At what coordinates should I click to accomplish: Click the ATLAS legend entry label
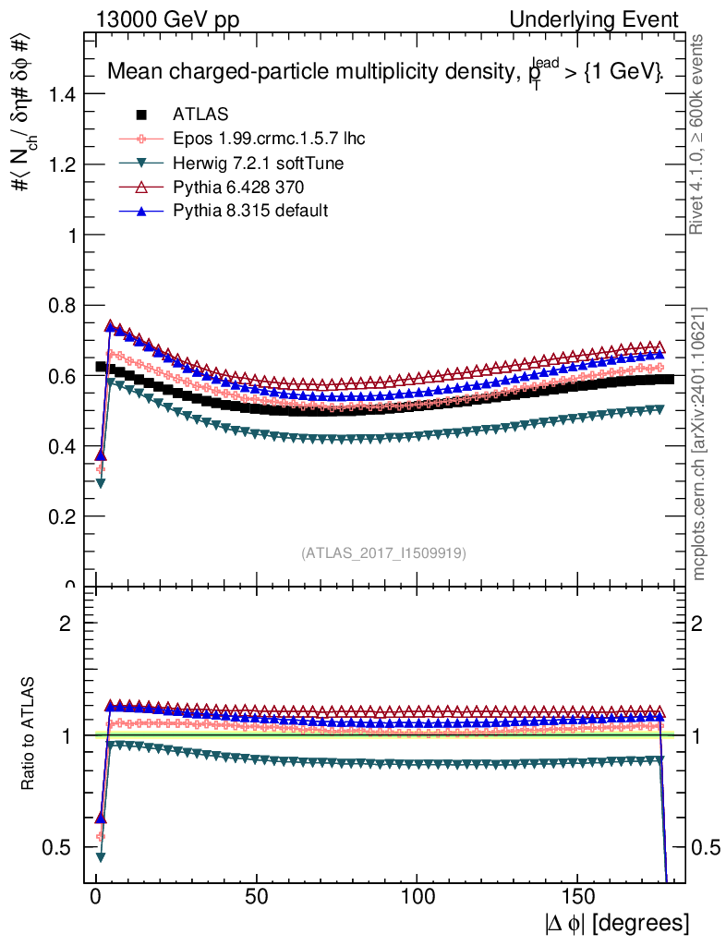(200, 115)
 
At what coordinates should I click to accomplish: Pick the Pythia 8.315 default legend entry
(250, 212)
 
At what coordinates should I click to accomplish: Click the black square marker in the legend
(142, 115)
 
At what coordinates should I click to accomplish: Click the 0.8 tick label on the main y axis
(60, 306)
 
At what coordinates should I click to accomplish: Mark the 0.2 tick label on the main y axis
(60, 517)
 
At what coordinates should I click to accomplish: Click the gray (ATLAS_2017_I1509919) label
(383, 553)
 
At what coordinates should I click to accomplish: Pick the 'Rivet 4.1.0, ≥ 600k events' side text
(699, 134)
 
